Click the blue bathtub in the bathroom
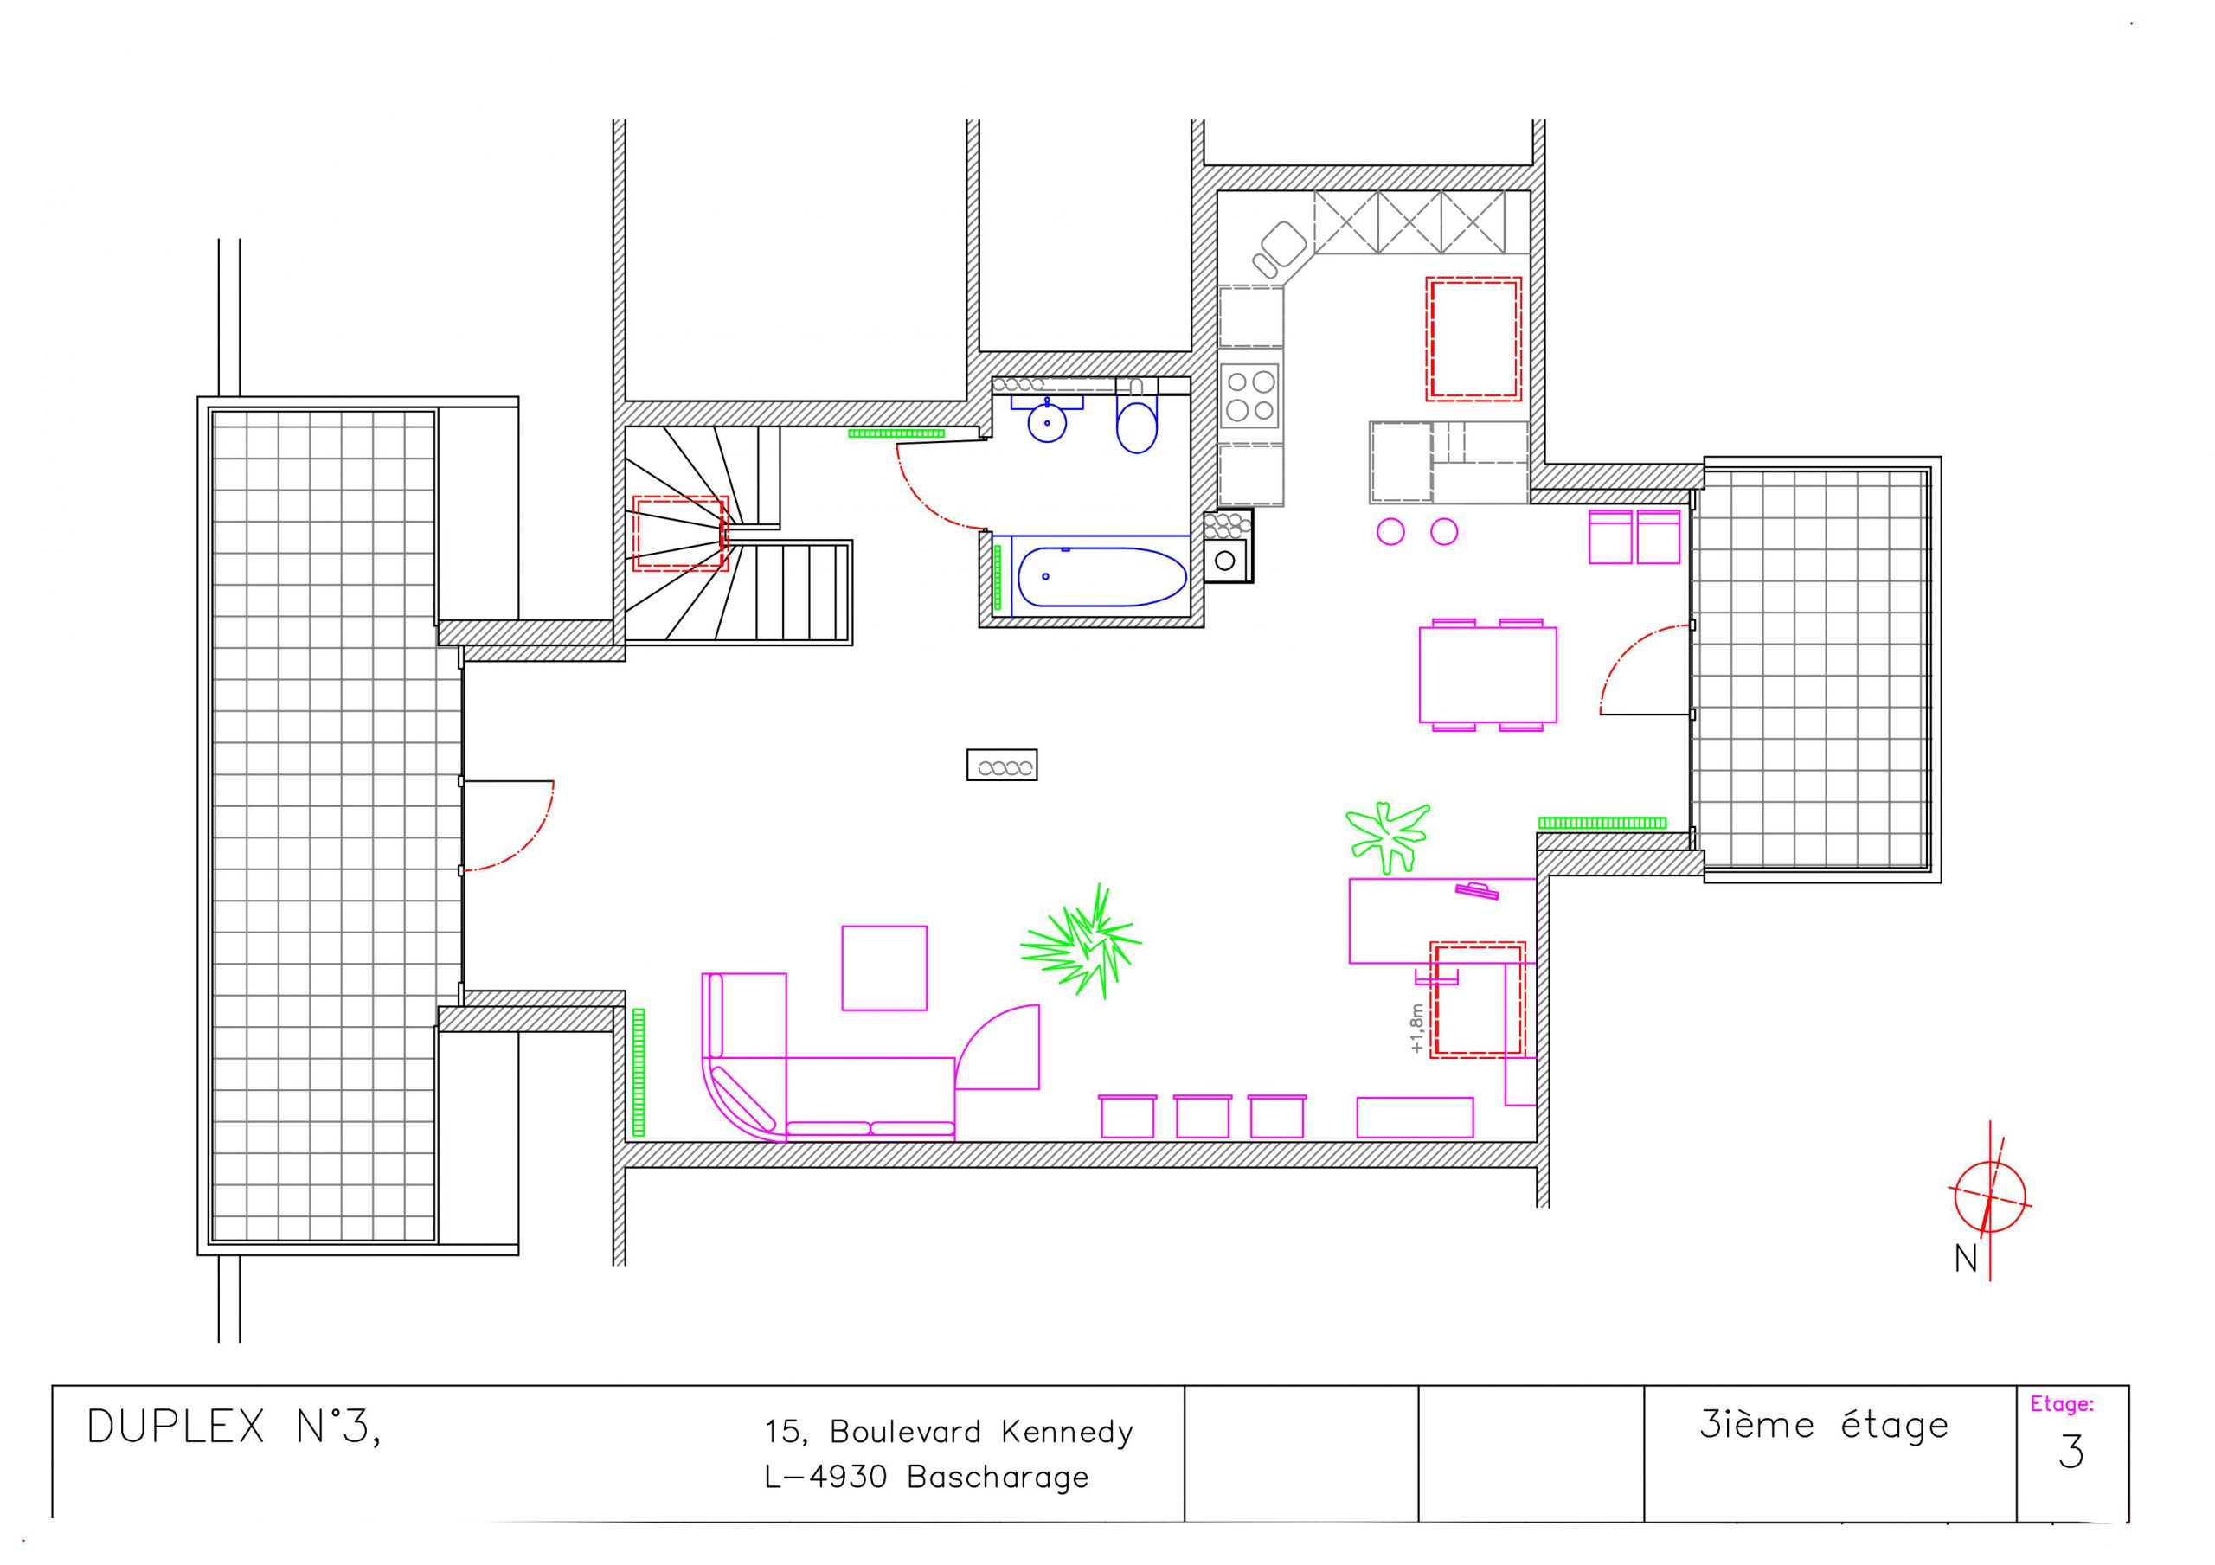(x=1101, y=576)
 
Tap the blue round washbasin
(x=1047, y=421)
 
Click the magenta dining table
(x=1487, y=675)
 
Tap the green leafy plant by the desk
(x=1387, y=837)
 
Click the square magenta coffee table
(x=883, y=968)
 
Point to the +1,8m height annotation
(x=1416, y=1029)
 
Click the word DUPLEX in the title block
(x=176, y=1427)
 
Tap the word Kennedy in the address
(x=1067, y=1432)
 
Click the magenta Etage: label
(x=2062, y=1405)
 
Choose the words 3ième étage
(x=1824, y=1425)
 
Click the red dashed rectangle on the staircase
(x=680, y=534)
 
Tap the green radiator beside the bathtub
(x=998, y=578)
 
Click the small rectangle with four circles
(x=1002, y=765)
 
